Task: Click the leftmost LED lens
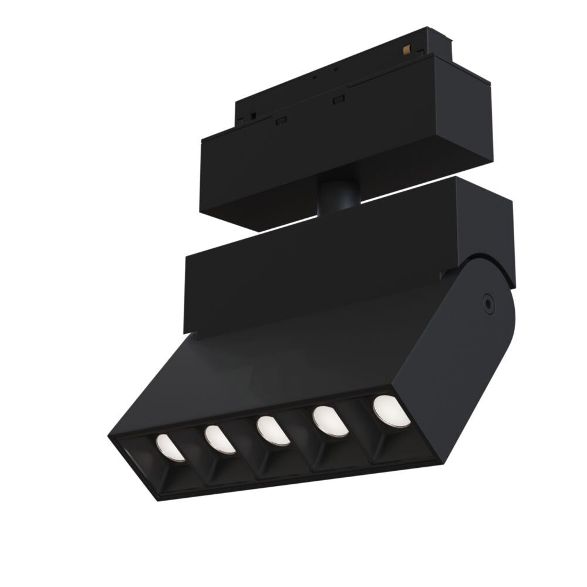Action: (170, 448)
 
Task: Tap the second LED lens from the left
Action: (220, 439)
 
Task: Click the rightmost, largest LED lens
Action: (391, 411)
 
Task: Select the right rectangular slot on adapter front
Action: (338, 100)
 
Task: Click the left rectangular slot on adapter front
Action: (281, 120)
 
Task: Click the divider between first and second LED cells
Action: (194, 455)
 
